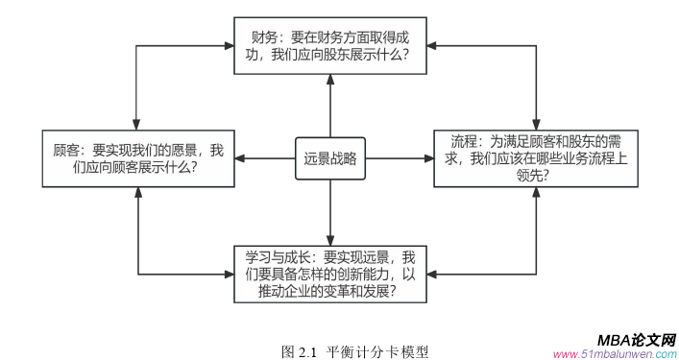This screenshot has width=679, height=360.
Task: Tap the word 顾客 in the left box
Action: coord(67,151)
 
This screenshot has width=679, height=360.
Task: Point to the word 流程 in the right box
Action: coord(466,142)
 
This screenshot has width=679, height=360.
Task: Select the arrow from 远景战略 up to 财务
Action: coord(329,106)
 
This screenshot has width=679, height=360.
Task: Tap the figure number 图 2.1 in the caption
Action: coord(299,352)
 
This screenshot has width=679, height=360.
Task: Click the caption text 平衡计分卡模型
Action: coord(377,352)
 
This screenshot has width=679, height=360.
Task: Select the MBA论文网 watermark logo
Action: coord(636,340)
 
